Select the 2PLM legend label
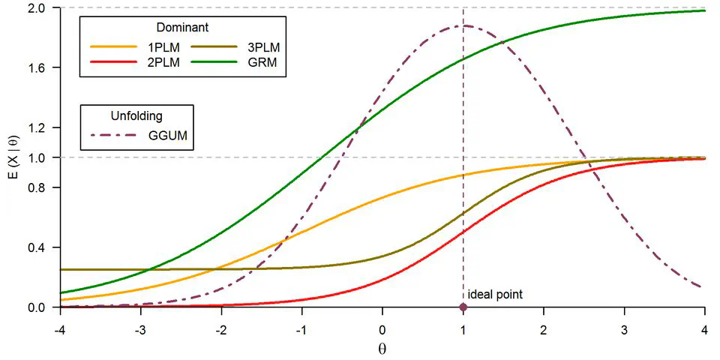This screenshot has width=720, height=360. [x=163, y=62]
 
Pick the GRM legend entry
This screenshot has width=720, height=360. [x=262, y=62]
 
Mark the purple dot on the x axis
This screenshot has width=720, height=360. [x=463, y=307]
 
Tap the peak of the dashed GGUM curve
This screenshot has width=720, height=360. [x=465, y=25]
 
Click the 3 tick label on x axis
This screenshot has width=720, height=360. [x=624, y=331]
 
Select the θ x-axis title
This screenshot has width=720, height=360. [x=382, y=349]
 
